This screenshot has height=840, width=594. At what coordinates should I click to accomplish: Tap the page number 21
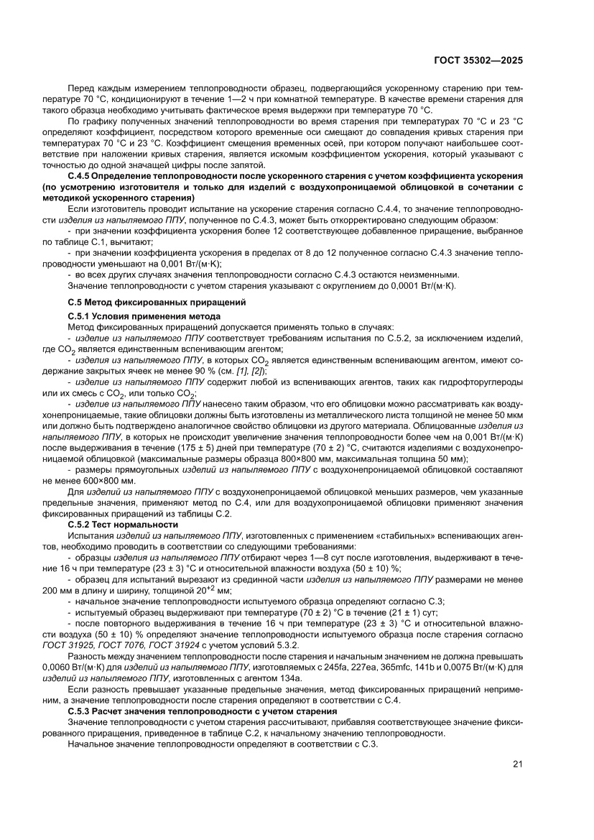(517, 764)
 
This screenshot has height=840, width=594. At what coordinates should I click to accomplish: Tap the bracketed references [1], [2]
(251, 371)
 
